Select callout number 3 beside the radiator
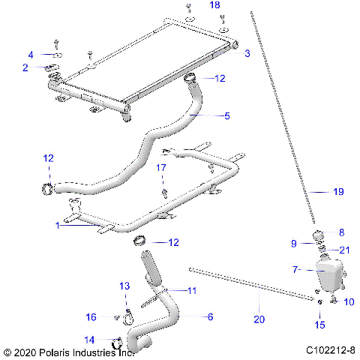click(x=247, y=52)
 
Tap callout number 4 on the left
click(x=31, y=55)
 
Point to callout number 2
click(x=25, y=67)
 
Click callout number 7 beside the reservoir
click(x=295, y=268)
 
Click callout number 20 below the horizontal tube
click(x=259, y=319)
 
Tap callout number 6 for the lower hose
click(x=210, y=316)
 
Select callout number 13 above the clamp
click(x=125, y=286)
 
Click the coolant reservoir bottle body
click(x=328, y=276)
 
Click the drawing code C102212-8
click(x=331, y=350)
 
